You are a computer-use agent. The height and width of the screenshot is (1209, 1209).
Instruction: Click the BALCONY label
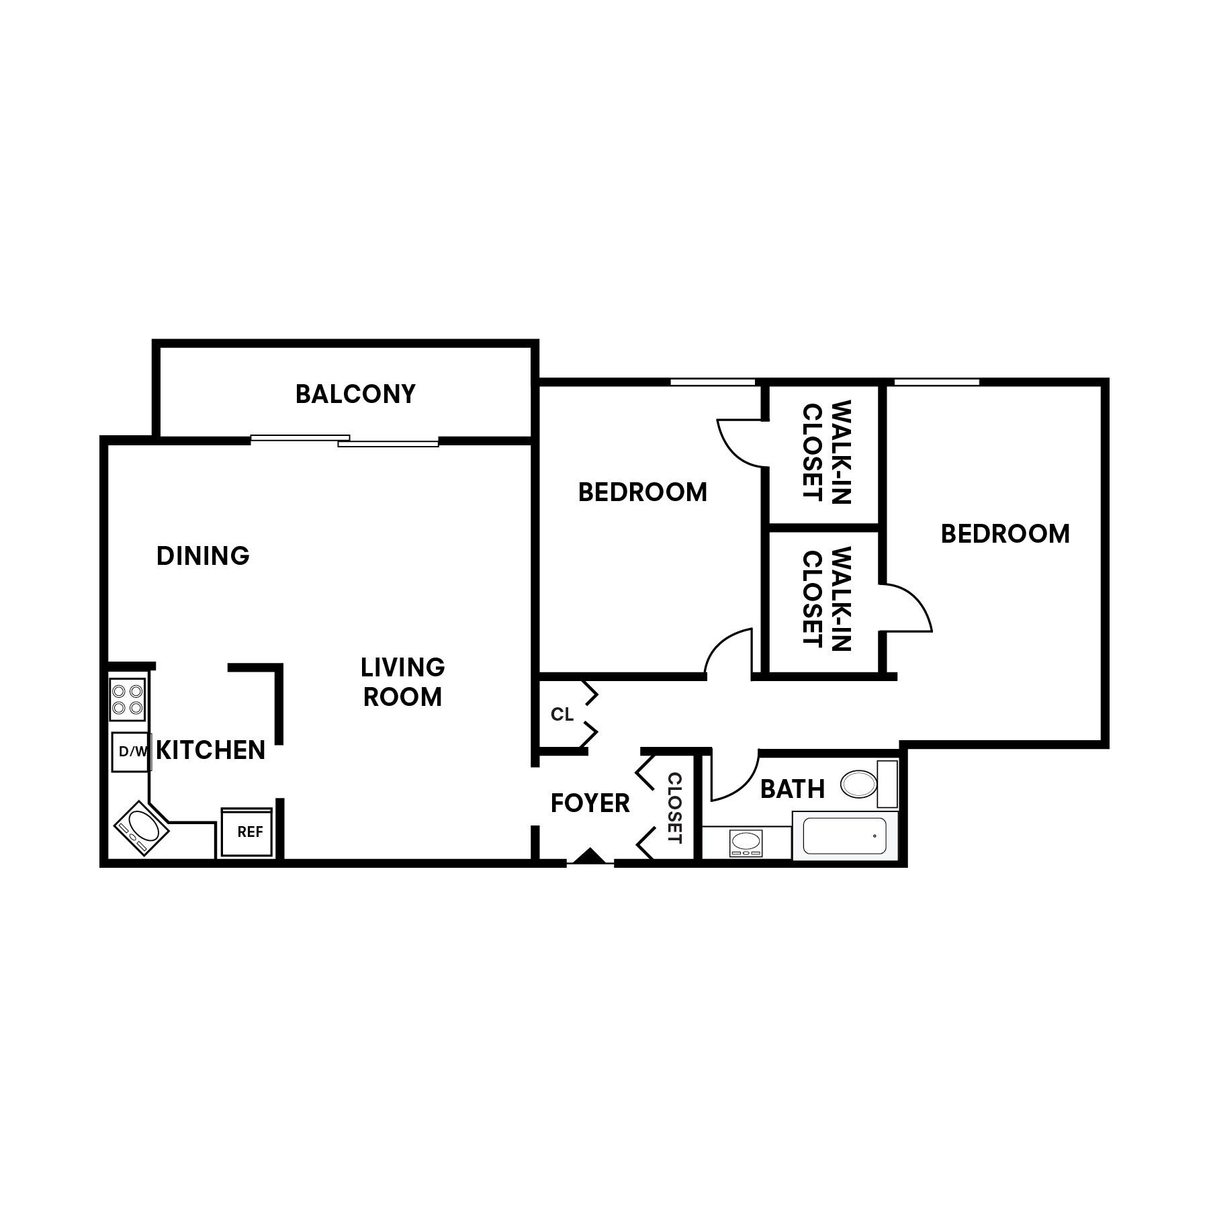click(x=355, y=394)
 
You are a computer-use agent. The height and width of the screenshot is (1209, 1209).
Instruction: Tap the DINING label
click(x=203, y=555)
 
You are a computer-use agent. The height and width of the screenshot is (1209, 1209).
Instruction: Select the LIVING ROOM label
click(x=402, y=682)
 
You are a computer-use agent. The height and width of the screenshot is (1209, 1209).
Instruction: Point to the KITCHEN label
click(x=210, y=750)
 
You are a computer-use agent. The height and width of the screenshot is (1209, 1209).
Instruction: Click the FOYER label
click(x=590, y=803)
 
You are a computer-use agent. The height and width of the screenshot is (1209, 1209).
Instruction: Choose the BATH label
click(x=793, y=789)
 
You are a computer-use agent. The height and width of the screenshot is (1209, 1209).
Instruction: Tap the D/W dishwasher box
click(x=131, y=752)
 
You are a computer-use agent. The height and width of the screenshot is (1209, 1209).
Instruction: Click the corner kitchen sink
click(x=141, y=827)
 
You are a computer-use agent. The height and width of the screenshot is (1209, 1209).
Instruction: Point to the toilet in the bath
click(x=860, y=784)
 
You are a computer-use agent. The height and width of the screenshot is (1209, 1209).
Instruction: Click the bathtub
click(x=845, y=836)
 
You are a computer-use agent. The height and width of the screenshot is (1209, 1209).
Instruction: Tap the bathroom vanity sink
click(x=746, y=842)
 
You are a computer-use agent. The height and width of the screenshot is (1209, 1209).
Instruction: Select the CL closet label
click(x=562, y=715)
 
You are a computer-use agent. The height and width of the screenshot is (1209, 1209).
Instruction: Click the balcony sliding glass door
click(x=345, y=441)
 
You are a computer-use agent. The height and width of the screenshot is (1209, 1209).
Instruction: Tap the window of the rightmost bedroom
click(x=936, y=382)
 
